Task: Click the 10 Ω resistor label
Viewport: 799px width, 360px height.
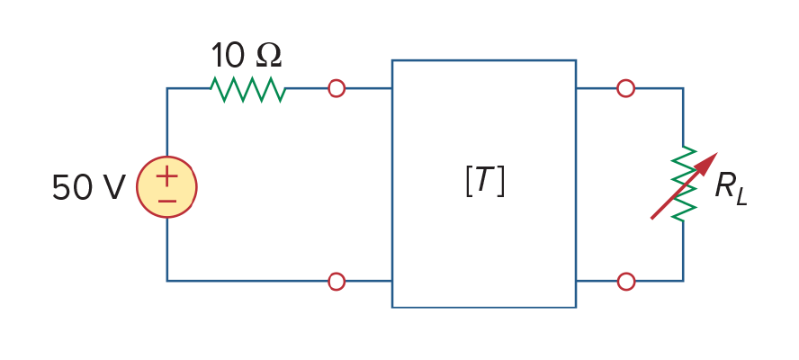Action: [x=247, y=55]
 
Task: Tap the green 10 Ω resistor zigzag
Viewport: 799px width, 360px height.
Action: [x=247, y=89]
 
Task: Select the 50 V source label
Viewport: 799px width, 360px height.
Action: [x=88, y=187]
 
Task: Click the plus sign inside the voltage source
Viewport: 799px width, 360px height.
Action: [x=166, y=177]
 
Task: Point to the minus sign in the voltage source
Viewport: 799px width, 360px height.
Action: [x=166, y=201]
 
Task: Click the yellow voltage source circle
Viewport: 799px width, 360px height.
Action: [x=166, y=158]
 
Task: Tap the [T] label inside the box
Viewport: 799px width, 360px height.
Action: [x=485, y=182]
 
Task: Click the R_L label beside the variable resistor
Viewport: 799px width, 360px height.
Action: [x=731, y=188]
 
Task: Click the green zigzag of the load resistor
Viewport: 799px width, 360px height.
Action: [x=683, y=184]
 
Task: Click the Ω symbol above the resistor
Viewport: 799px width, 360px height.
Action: [x=268, y=56]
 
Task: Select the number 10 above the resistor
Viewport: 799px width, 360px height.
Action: [x=228, y=55]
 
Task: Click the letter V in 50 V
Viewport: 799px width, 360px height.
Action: [x=114, y=187]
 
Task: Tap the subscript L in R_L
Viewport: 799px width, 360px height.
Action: [x=741, y=197]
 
